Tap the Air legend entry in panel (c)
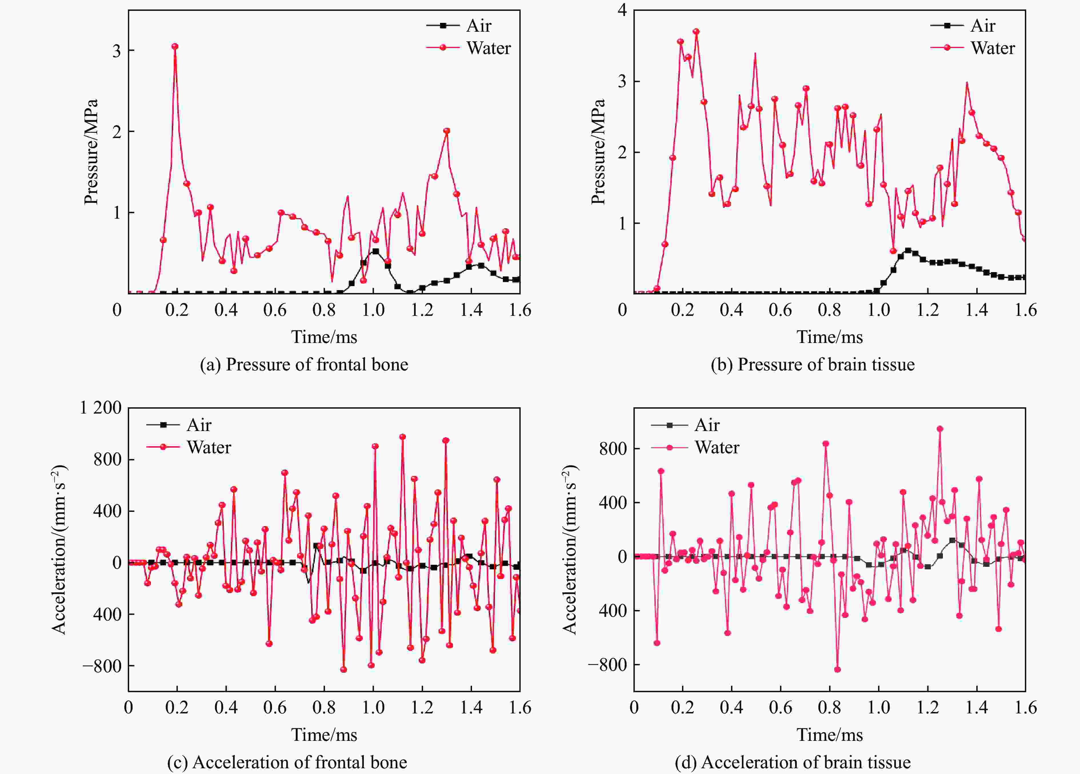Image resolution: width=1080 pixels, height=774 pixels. click(199, 425)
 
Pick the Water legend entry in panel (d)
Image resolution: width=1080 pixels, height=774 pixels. click(716, 447)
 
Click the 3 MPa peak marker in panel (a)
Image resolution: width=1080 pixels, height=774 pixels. click(175, 46)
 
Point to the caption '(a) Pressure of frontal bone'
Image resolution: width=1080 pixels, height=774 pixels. click(304, 364)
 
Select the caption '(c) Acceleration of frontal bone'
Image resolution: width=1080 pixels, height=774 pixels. click(287, 762)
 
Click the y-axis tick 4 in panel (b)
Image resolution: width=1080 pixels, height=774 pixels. click(622, 11)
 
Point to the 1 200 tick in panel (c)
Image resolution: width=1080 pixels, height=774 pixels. click(101, 408)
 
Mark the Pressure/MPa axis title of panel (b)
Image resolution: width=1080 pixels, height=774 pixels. click(598, 151)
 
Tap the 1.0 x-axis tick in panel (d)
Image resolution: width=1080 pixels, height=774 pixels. click(879, 708)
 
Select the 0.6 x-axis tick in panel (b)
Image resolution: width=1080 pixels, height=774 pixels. click(781, 310)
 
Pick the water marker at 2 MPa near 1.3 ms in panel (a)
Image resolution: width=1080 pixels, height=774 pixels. click(447, 131)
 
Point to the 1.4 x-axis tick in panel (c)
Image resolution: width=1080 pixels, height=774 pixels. click(471, 708)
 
